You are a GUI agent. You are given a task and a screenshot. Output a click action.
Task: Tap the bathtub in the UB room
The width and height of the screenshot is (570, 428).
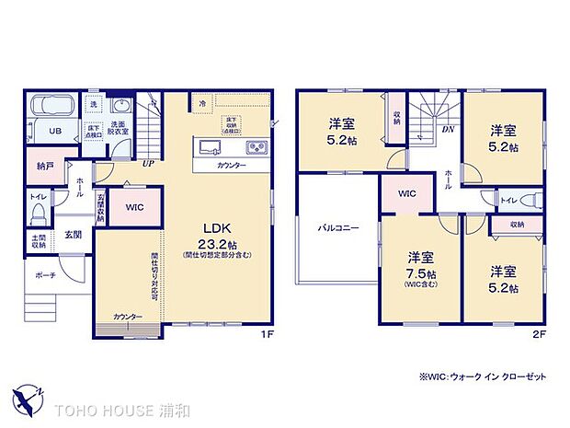(x=53, y=110)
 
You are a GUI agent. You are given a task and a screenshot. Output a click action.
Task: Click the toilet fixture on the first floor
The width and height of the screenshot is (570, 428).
(x=37, y=214)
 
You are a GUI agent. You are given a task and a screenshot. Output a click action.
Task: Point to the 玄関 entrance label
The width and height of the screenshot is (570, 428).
(x=73, y=234)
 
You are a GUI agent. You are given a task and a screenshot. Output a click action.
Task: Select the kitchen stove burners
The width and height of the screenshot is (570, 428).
(x=254, y=147)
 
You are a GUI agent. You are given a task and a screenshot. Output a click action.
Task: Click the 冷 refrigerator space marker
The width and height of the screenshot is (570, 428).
(x=201, y=104)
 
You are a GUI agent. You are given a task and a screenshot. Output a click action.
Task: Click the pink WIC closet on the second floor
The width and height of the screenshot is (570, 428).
(x=407, y=192)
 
